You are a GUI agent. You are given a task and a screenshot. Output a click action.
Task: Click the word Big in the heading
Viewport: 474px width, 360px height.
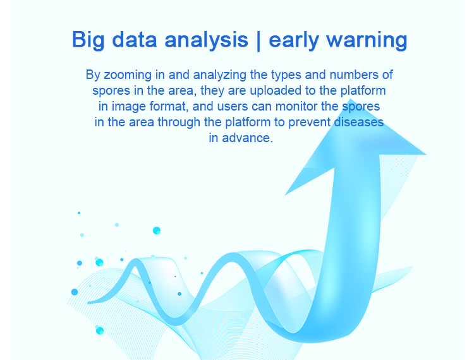(x=88, y=40)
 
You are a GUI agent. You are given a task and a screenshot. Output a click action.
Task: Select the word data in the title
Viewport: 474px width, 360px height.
(x=135, y=40)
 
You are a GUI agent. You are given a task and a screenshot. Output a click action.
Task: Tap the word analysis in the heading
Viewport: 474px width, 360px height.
(x=206, y=40)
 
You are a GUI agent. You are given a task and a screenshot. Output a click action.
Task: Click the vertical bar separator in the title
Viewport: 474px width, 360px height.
(x=258, y=40)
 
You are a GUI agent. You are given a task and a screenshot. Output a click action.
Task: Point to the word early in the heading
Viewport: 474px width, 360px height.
(x=293, y=40)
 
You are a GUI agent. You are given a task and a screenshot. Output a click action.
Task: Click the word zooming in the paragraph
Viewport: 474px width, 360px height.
(x=128, y=75)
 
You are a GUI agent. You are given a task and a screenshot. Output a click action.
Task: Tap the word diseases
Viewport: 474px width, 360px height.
(x=359, y=123)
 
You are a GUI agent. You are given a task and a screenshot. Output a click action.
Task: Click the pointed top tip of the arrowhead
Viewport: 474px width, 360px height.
(x=350, y=99)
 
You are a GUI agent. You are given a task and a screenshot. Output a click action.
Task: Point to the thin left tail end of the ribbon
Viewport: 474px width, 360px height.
(x=88, y=303)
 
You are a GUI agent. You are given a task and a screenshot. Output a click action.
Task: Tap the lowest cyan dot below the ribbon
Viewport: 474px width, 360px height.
(x=99, y=330)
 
